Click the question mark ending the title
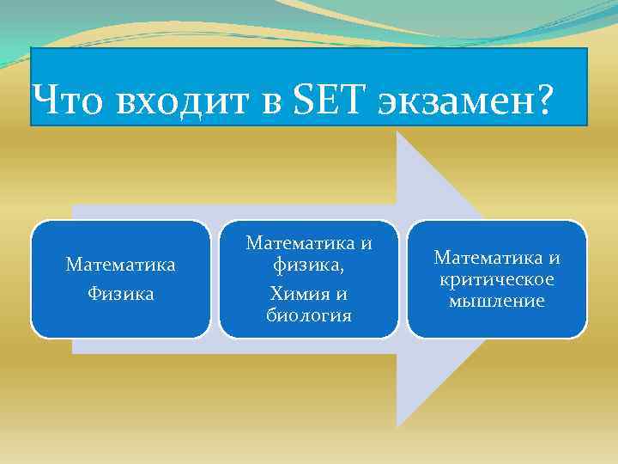pos(544,102)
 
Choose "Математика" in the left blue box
pos(121,265)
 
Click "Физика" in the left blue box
pos(121,293)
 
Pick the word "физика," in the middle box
pos(309,265)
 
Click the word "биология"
pos(309,314)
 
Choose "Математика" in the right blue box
pos(487,257)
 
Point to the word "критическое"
pos(497,279)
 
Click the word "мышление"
pos(497,301)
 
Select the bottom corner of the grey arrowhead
pos(398,425)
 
